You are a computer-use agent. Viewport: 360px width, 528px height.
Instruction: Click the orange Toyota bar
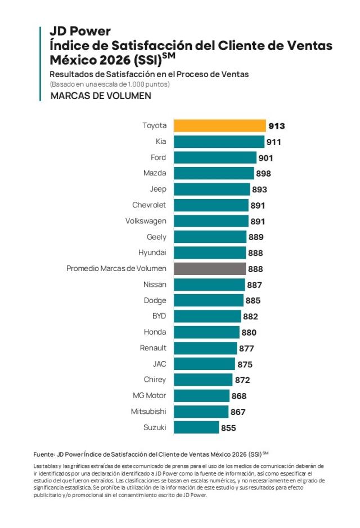click(x=219, y=125)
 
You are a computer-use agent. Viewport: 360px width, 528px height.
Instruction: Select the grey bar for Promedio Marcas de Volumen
click(x=209, y=269)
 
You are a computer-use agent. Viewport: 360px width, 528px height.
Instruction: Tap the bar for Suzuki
click(x=196, y=427)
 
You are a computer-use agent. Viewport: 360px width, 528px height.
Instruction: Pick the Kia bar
click(x=219, y=142)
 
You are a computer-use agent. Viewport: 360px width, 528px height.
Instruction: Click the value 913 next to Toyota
click(x=276, y=126)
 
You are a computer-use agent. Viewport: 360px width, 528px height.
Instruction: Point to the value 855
click(x=228, y=428)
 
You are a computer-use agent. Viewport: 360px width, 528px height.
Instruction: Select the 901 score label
click(x=265, y=158)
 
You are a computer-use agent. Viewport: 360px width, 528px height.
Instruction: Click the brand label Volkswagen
click(x=146, y=221)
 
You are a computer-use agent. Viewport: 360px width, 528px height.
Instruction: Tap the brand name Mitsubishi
click(x=148, y=412)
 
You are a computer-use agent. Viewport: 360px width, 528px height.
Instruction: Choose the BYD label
click(x=159, y=316)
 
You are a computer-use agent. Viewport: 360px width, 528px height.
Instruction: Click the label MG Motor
click(x=149, y=395)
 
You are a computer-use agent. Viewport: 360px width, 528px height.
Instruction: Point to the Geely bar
click(x=210, y=237)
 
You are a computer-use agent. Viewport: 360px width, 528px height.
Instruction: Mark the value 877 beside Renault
click(x=246, y=349)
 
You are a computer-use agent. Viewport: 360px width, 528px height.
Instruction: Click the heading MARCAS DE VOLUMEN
click(x=101, y=96)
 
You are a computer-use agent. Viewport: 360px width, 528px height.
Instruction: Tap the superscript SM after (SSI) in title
click(x=169, y=56)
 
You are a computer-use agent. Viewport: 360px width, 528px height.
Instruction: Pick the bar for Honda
click(x=206, y=332)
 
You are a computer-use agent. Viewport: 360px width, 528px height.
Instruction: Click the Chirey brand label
click(x=155, y=380)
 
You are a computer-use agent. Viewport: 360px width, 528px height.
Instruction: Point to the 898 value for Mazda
click(x=263, y=174)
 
